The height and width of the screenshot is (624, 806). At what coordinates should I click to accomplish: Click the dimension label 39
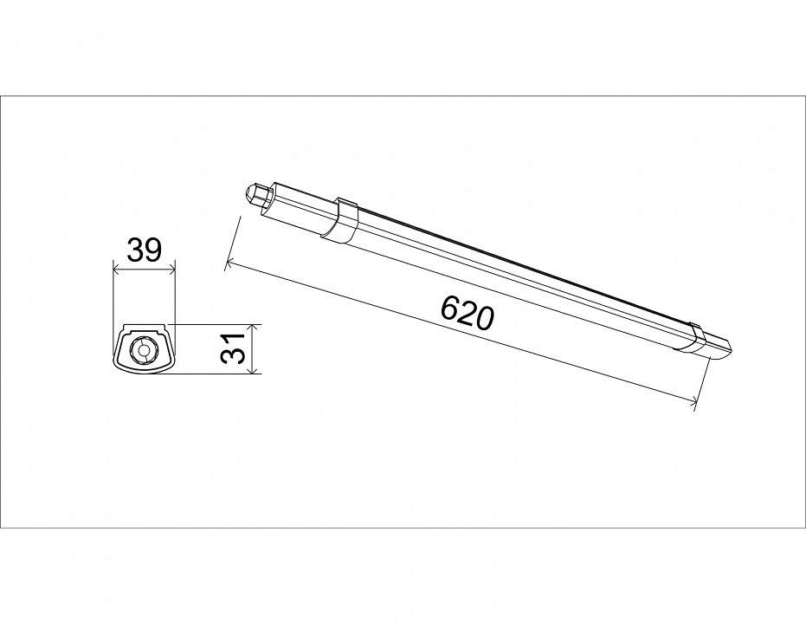click(145, 250)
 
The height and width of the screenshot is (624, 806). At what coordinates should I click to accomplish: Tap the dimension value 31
click(236, 348)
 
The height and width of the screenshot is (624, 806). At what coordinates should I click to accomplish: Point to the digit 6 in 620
click(450, 308)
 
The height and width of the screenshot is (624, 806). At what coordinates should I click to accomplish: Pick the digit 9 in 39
click(154, 250)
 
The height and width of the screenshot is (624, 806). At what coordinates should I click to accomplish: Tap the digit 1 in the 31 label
click(236, 339)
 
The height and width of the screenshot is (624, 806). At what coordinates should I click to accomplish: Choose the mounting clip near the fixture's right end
click(692, 338)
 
